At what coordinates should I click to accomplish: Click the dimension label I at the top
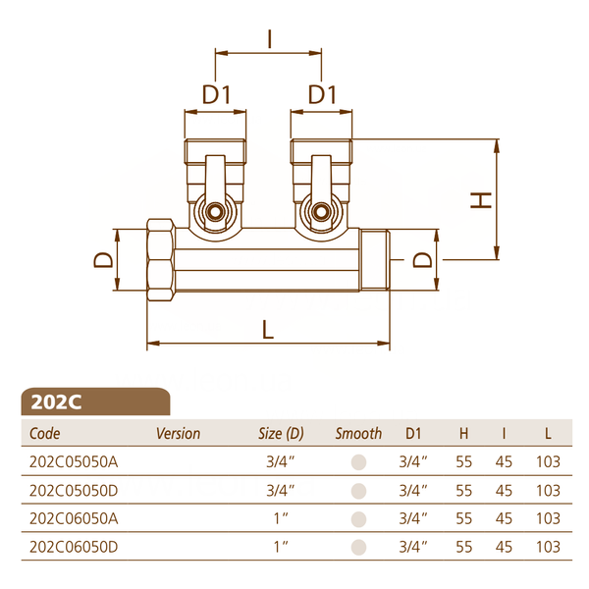tap(270, 39)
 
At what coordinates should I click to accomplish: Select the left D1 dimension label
tap(216, 94)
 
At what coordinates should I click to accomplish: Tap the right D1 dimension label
tap(322, 94)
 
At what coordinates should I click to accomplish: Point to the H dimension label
tap(481, 200)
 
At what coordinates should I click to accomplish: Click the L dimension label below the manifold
tap(268, 330)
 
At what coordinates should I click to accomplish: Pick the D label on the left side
tap(103, 260)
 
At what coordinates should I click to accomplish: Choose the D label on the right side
tap(422, 260)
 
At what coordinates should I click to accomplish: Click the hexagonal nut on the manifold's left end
tap(161, 260)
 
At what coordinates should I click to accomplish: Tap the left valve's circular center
tap(215, 212)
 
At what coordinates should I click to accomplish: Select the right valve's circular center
tap(321, 212)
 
